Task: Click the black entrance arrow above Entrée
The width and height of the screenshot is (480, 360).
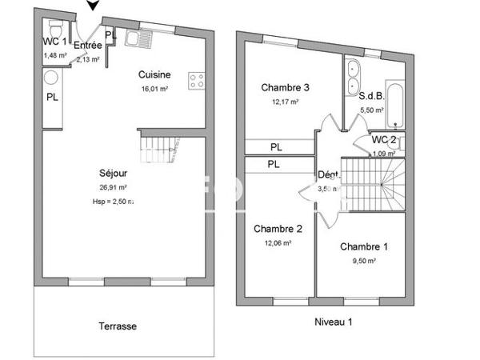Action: point(94,6)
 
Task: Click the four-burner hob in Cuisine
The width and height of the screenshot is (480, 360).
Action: point(196,80)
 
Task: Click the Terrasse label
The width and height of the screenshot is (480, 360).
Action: point(118,326)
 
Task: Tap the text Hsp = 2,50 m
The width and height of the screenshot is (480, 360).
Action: point(113,202)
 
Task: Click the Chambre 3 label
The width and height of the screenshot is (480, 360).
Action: point(285,87)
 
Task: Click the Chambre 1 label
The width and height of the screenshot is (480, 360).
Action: point(363,246)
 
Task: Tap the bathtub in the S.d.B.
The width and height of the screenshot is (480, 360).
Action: point(397,103)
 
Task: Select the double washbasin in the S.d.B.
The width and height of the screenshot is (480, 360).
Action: point(354,75)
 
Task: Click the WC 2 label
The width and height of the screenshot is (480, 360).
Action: point(384,140)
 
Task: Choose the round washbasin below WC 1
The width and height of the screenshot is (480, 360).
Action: point(50,78)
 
